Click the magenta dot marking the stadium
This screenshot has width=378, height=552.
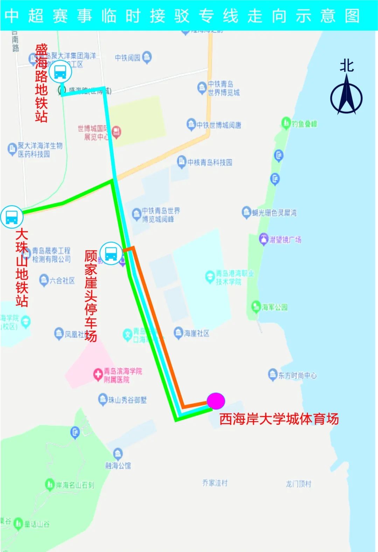pyautogui.click(x=216, y=401)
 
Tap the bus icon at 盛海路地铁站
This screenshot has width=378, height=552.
pyautogui.click(x=60, y=72)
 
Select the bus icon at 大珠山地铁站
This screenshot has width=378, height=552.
pyautogui.click(x=12, y=217)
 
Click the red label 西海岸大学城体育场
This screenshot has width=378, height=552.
pyautogui.click(x=279, y=419)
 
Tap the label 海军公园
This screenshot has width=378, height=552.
pyautogui.click(x=274, y=307)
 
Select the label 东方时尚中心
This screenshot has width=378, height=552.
pyautogui.click(x=297, y=376)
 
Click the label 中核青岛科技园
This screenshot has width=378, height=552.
pyautogui.click(x=209, y=162)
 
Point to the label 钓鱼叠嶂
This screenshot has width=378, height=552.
pyautogui.click(x=304, y=124)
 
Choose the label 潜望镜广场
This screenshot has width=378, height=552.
pyautogui.click(x=285, y=240)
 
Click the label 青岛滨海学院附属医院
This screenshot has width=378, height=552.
pyautogui.click(x=122, y=375)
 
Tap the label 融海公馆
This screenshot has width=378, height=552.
pyautogui.click(x=118, y=465)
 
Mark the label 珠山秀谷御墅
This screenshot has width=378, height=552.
pyautogui.click(x=127, y=400)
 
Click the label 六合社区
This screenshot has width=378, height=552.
pyautogui.click(x=62, y=280)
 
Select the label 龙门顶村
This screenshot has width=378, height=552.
pyautogui.click(x=298, y=484)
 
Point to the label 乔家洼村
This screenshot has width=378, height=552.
pyautogui.click(x=215, y=483)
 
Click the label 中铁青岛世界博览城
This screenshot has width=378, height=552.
pyautogui.click(x=224, y=88)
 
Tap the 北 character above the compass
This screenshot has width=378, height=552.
pyautogui.click(x=346, y=65)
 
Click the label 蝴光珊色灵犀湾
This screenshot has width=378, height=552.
pyautogui.click(x=274, y=212)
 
